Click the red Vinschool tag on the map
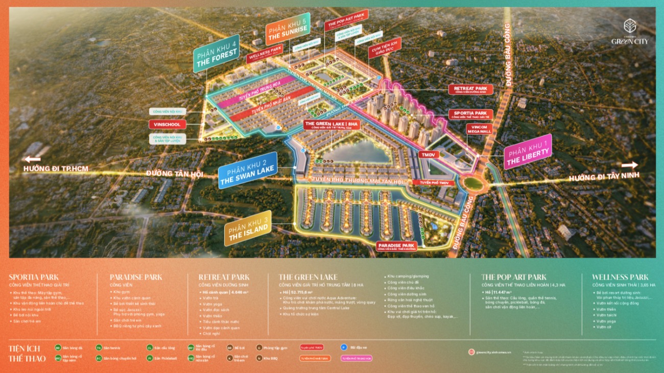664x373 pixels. (x=168, y=125)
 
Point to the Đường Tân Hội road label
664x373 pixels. (x=174, y=174)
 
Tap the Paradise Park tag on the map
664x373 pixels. (x=396, y=246)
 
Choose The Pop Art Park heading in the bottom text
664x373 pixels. (x=513, y=277)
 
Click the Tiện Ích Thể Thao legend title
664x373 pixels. (x=27, y=353)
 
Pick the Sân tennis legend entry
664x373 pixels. (x=112, y=348)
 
